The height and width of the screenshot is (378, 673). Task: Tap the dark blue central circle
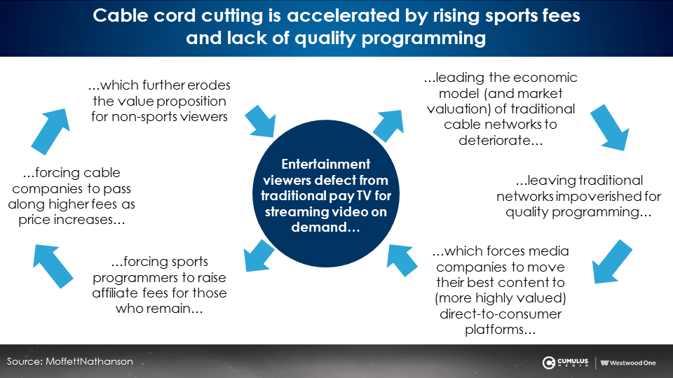click(x=326, y=194)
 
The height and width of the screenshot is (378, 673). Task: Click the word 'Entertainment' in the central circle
click(x=326, y=164)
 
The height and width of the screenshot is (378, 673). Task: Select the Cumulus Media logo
click(x=565, y=363)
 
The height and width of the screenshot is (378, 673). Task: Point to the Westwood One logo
click(x=628, y=363)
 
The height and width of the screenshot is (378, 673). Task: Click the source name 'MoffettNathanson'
click(x=89, y=361)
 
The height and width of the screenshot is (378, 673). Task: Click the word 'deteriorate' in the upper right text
click(x=494, y=140)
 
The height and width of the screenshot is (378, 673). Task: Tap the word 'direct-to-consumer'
click(x=501, y=314)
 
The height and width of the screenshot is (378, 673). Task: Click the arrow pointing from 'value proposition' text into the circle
click(x=260, y=121)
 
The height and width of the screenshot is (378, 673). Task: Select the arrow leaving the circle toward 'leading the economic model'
click(x=388, y=125)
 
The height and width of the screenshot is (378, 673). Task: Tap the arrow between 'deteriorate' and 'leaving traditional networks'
click(x=610, y=127)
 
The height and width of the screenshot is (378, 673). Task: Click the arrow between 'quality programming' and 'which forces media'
click(x=613, y=262)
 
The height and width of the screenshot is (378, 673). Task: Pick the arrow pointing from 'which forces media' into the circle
click(x=402, y=260)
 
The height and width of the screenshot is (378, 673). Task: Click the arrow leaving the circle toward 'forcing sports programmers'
click(x=259, y=255)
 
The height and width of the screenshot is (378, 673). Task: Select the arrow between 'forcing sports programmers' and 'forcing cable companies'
click(x=53, y=266)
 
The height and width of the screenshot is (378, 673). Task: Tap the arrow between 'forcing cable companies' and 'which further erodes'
click(x=50, y=132)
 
